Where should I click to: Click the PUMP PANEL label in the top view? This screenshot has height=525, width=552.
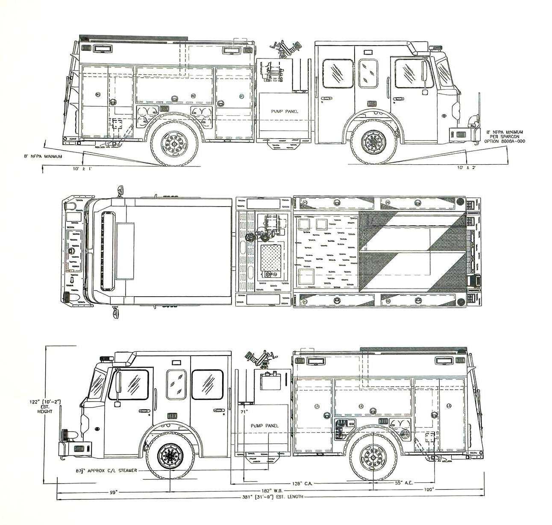(x=284, y=111)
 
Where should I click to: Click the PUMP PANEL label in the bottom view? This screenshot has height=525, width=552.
(x=264, y=426)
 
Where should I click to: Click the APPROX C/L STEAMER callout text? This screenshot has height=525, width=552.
(x=106, y=470)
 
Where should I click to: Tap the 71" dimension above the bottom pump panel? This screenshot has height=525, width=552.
(x=244, y=412)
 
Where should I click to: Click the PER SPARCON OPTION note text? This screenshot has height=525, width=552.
(x=504, y=138)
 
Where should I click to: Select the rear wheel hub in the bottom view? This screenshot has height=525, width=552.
(x=373, y=457)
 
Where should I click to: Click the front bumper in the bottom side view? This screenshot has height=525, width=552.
(x=75, y=449)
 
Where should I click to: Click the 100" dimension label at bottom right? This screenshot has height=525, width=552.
(x=429, y=489)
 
